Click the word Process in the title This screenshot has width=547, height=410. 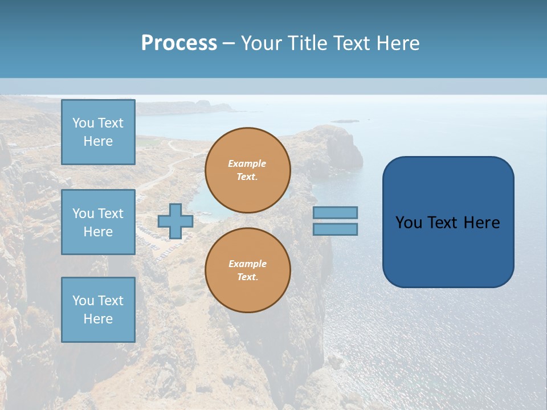click(x=179, y=43)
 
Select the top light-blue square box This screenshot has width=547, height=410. click(x=98, y=132)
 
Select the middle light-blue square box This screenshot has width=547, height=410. click(x=98, y=222)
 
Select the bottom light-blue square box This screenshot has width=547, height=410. click(x=98, y=309)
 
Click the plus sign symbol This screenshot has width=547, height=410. click(x=175, y=221)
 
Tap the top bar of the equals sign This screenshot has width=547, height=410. click(x=335, y=212)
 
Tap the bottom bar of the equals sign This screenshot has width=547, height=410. click(x=335, y=229)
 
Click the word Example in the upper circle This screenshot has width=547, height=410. click(x=247, y=163)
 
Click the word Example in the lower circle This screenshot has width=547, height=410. click(x=247, y=264)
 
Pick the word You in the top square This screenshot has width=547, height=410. click(x=83, y=123)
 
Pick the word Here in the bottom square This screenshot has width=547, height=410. click(x=98, y=319)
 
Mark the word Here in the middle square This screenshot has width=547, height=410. click(x=98, y=232)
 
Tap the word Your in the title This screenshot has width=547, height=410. click(x=261, y=43)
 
